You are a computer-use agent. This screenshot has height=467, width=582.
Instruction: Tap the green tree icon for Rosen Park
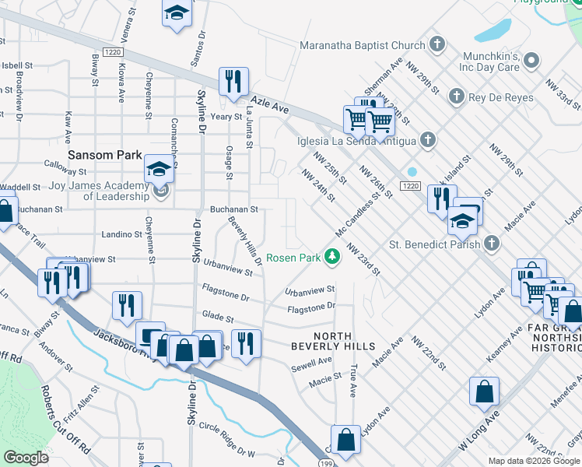[x=332, y=256]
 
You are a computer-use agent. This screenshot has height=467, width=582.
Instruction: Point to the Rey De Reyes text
[x=501, y=97]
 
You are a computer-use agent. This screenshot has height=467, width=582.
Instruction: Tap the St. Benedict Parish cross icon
[x=491, y=244]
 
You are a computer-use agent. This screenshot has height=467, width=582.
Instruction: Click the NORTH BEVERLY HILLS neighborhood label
[x=333, y=346]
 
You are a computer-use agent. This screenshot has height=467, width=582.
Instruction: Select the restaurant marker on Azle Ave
[x=233, y=82]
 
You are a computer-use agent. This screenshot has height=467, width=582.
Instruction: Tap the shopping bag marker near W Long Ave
[x=484, y=392]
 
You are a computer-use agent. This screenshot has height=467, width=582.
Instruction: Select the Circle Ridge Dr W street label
[x=227, y=437]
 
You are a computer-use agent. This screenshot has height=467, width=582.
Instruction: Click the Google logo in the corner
[x=26, y=458]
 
